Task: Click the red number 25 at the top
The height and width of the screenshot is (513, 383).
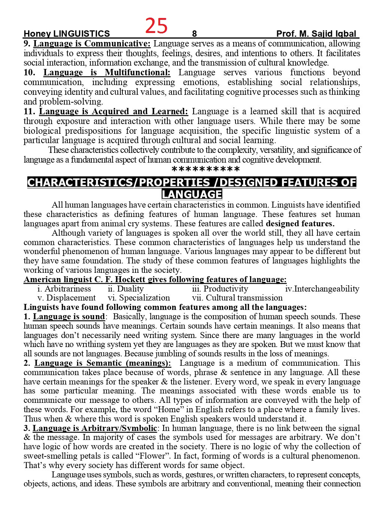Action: tap(156, 26)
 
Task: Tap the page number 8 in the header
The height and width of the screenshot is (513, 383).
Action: tap(194, 34)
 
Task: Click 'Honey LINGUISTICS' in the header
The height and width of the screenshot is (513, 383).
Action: tap(67, 34)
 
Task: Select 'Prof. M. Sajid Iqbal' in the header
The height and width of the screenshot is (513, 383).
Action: tap(316, 34)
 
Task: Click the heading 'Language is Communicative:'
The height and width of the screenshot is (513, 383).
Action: tap(92, 44)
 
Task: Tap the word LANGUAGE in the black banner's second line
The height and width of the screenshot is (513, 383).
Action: tap(192, 194)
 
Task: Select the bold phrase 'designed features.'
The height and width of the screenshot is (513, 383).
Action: tap(300, 224)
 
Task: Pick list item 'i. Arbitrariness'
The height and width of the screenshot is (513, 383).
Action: tap(64, 289)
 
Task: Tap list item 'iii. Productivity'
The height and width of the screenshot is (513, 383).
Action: tap(220, 289)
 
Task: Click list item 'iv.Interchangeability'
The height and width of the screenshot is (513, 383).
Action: tap(322, 289)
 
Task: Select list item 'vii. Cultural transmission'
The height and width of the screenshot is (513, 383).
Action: tap(237, 298)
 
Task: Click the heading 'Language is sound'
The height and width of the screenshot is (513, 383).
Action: tap(69, 317)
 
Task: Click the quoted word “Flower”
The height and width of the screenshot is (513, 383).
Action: tap(154, 456)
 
